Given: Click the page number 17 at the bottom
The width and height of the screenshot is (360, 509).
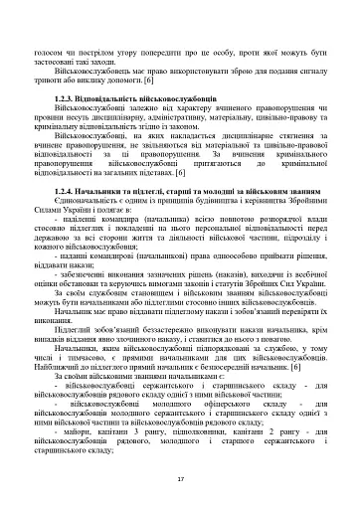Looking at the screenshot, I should [180, 479].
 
